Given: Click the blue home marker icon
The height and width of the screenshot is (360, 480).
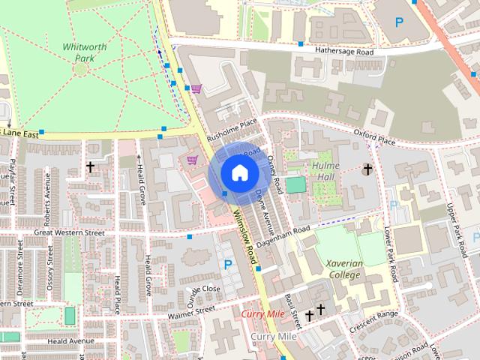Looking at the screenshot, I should (238, 173).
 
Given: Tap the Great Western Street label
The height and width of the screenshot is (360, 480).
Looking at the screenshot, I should (69, 233).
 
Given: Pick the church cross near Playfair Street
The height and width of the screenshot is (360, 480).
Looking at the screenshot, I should (91, 166).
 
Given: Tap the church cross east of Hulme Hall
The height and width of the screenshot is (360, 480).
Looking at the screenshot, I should (367, 169).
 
